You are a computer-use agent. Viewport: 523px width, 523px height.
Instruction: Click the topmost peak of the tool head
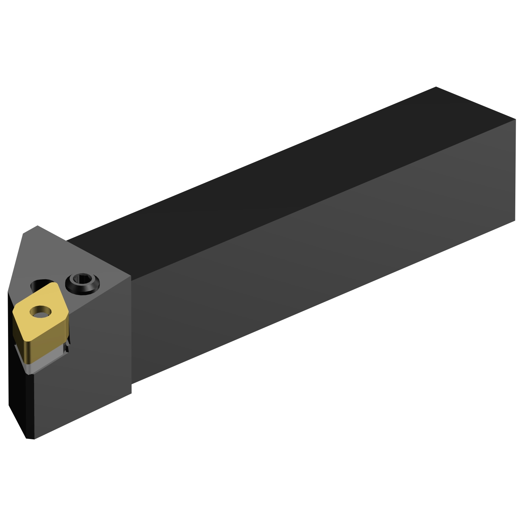tap(37, 226)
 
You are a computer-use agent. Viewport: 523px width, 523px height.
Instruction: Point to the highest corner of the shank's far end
tap(436, 87)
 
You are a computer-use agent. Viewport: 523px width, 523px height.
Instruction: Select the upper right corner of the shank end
tap(515, 120)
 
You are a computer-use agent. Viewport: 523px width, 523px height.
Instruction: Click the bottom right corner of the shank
tap(515, 220)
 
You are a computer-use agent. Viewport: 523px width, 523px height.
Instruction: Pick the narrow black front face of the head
tap(17, 384)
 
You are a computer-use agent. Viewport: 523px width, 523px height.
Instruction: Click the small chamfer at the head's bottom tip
tap(30, 438)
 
